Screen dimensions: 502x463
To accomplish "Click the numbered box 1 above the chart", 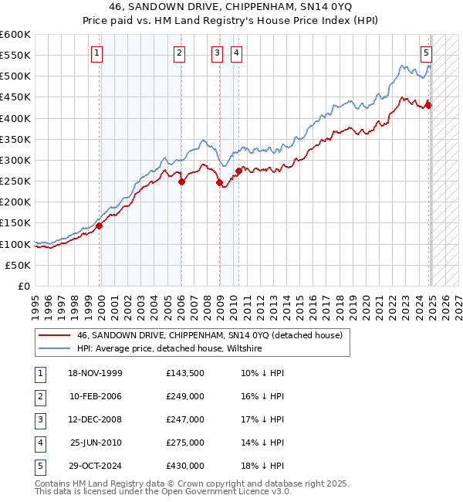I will [x=96, y=53].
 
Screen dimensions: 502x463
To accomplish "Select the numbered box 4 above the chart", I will [x=235, y=53].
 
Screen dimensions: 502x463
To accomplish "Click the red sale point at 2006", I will [x=182, y=182].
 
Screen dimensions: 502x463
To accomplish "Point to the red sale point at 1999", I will [x=100, y=226].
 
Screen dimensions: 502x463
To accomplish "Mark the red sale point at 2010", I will [x=239, y=171].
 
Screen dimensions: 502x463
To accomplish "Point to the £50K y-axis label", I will [x=19, y=265].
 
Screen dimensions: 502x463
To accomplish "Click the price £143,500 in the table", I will [x=185, y=374].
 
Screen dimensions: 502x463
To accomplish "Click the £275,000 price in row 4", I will [x=185, y=443].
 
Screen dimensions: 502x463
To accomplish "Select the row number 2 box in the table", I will [x=39, y=397].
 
